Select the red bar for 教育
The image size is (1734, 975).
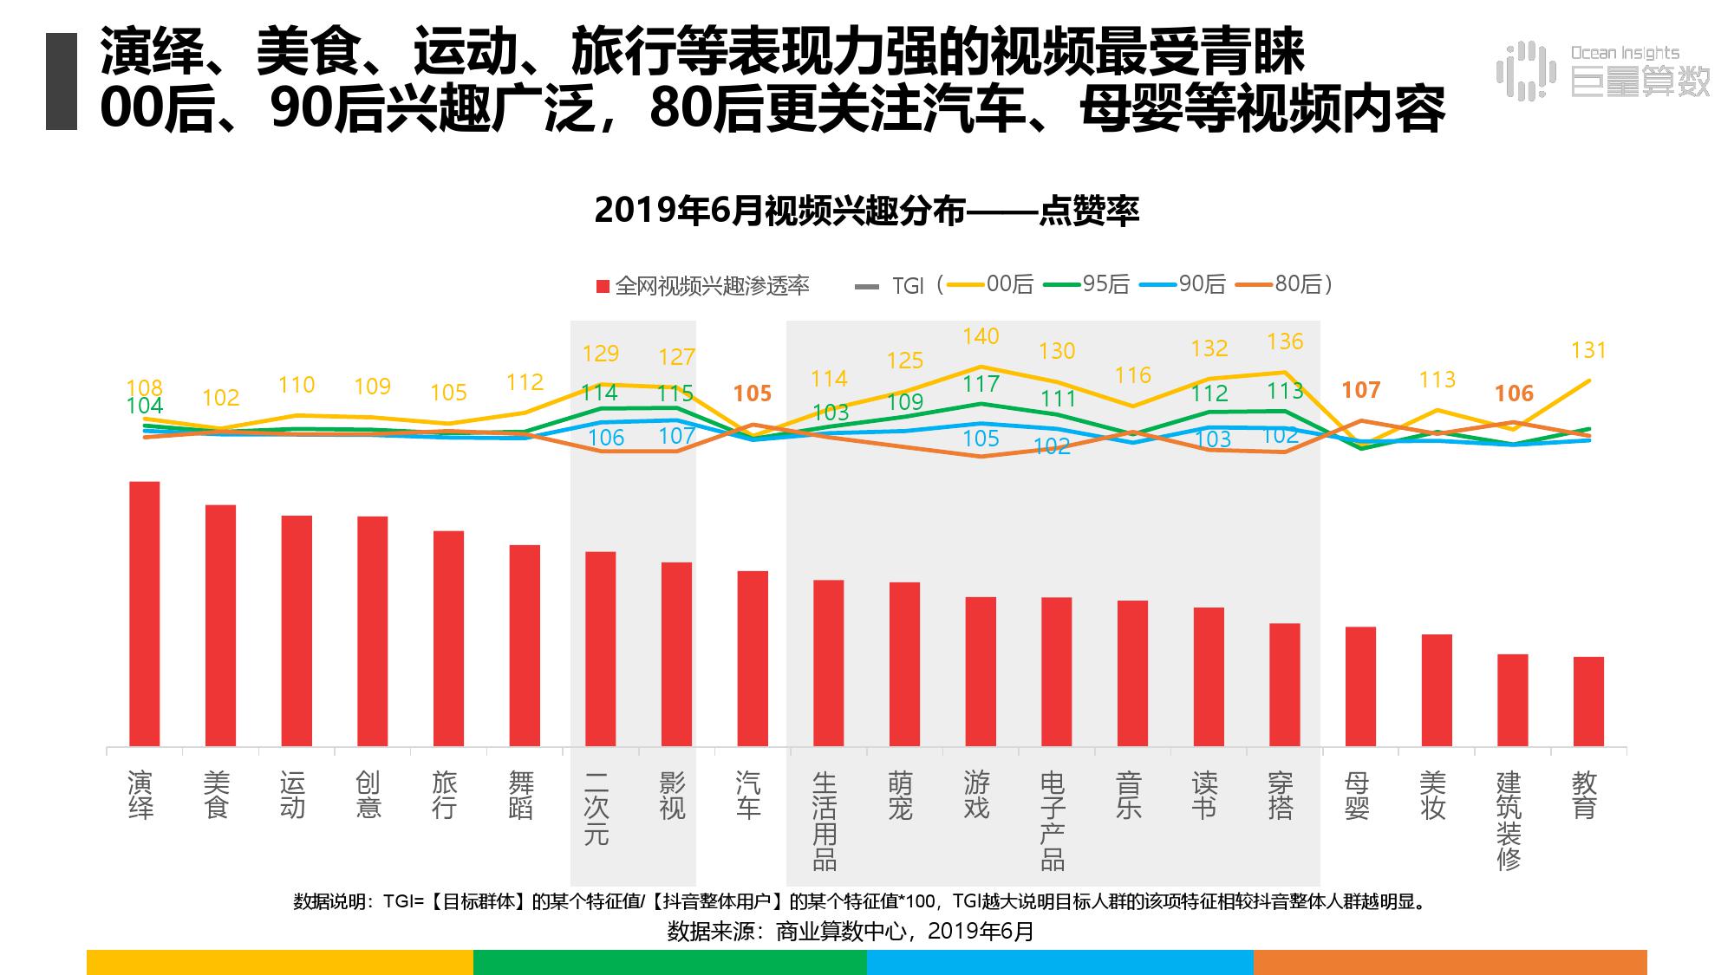[1588, 701]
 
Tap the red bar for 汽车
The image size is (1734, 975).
[753, 659]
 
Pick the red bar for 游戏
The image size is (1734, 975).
[981, 672]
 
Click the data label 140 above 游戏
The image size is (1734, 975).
[981, 336]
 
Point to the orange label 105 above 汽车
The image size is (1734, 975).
[752, 393]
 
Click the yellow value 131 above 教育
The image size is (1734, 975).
[1588, 350]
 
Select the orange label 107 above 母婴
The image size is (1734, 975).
[1360, 390]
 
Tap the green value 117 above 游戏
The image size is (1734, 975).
[981, 384]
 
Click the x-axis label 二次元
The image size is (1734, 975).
[596, 808]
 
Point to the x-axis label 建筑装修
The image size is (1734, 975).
[1509, 820]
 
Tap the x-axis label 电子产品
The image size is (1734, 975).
[1052, 820]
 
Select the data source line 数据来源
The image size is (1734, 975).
[851, 932]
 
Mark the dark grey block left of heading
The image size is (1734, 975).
[62, 81]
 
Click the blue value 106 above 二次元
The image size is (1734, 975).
[605, 438]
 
